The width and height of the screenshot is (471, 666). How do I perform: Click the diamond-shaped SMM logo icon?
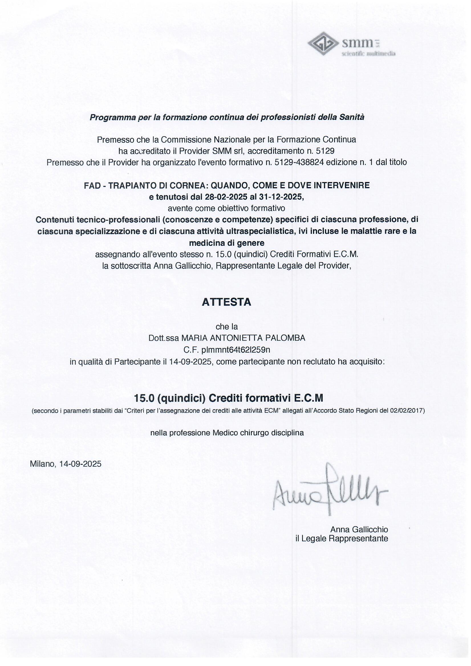click(x=323, y=44)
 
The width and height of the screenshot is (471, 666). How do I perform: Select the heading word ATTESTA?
click(x=226, y=302)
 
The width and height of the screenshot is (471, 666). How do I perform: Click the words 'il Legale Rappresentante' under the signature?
click(x=341, y=539)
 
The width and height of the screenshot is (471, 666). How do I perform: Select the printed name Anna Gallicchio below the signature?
click(x=359, y=529)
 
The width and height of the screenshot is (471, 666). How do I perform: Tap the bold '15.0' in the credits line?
click(x=144, y=398)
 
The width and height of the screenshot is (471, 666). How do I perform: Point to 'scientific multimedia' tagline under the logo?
click(x=368, y=54)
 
